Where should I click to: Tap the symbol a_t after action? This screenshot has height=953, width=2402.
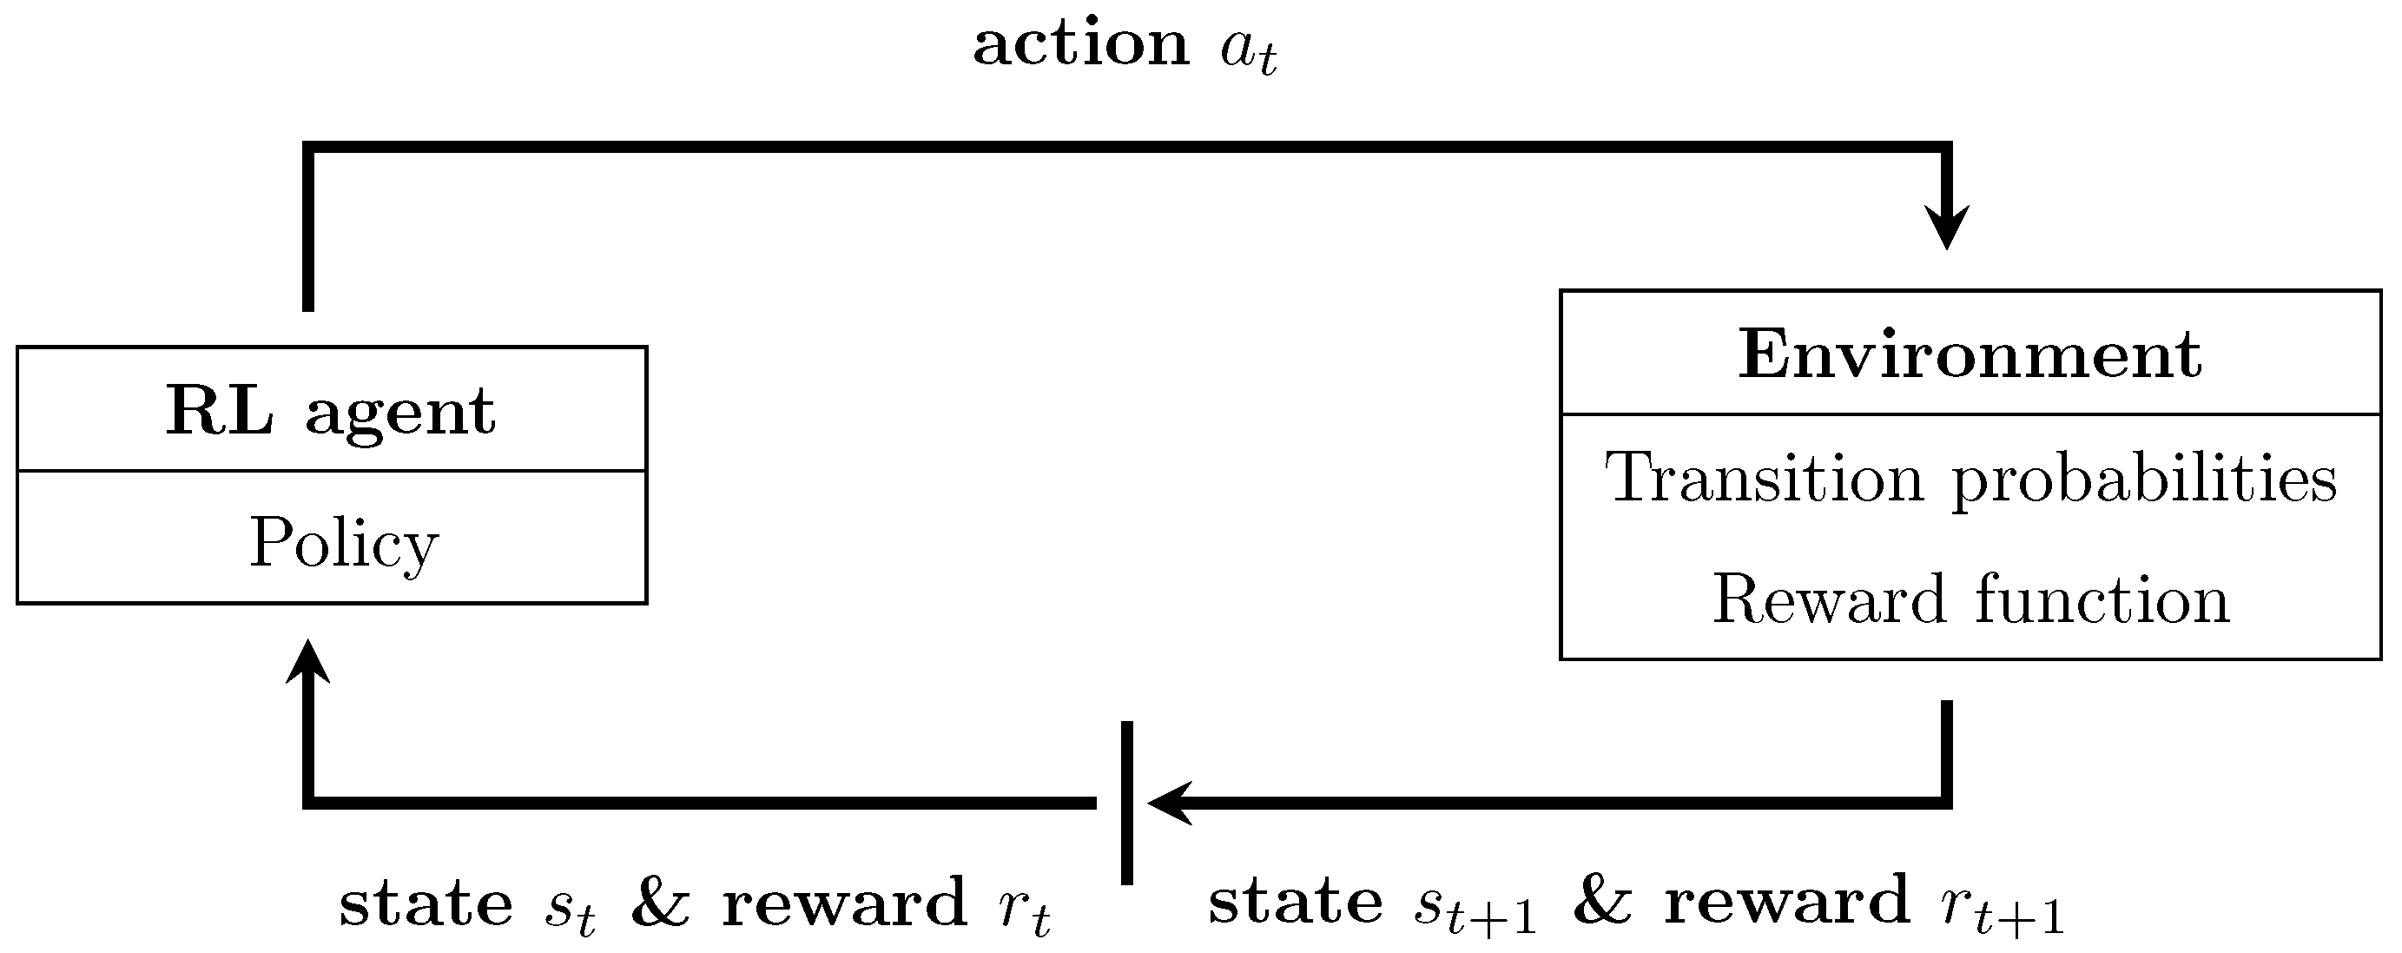point(1248,51)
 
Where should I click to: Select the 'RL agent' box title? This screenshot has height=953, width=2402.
point(331,410)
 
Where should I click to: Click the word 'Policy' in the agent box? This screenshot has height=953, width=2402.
point(343,543)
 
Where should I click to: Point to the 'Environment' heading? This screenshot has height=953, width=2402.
point(1970,354)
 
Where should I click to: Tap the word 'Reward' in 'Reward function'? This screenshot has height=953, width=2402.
point(1830,599)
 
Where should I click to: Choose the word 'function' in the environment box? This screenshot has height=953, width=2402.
point(2102,599)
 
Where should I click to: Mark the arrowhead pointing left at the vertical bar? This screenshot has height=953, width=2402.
point(1168,802)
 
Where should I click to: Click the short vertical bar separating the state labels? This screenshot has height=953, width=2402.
point(1126,802)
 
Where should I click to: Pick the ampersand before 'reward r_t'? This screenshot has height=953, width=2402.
point(660,903)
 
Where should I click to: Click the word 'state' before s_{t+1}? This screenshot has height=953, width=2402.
point(1295,903)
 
